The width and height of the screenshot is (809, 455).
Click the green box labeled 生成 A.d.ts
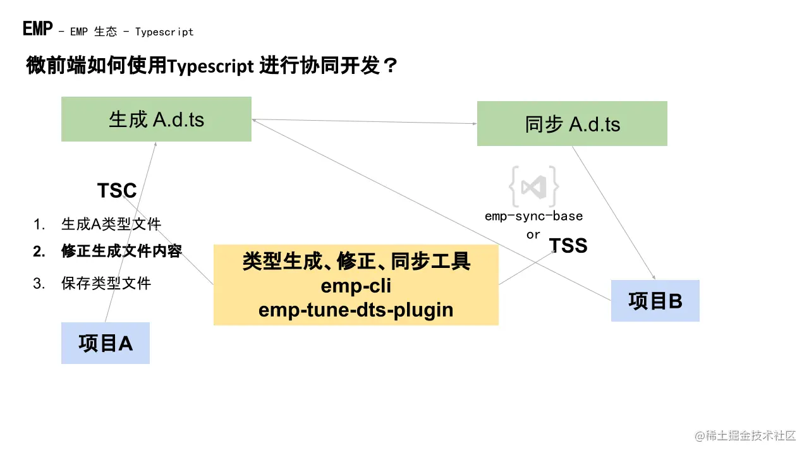156,119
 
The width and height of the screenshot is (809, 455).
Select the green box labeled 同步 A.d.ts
572,123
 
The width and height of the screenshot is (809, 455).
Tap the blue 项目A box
106,343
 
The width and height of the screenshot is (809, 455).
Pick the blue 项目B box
655,301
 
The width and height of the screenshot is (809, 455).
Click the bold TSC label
117,190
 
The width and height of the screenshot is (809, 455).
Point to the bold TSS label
568,245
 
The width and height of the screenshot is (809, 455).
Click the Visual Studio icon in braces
534,186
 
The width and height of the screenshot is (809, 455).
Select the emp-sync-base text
533,216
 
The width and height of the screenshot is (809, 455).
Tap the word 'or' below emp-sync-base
533,234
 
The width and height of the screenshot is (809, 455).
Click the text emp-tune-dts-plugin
356,310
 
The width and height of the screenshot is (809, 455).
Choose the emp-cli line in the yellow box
356,286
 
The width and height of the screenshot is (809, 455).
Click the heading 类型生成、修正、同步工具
356,262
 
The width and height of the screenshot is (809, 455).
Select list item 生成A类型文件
111,224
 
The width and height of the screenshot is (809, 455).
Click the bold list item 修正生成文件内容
121,251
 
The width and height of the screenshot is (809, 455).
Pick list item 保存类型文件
106,283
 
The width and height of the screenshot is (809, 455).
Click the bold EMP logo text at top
37,28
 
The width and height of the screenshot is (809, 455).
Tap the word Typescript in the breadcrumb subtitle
164,32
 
